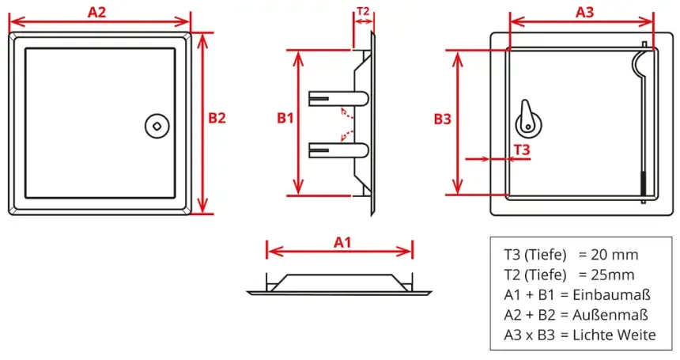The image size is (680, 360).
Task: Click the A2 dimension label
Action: [x=96, y=12]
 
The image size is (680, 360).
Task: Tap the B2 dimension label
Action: [x=217, y=118]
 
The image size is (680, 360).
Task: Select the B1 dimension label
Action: [x=285, y=118]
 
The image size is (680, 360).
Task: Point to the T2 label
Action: [x=363, y=11]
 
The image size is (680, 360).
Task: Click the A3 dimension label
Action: [x=584, y=12]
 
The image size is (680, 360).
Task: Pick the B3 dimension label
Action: [x=442, y=119]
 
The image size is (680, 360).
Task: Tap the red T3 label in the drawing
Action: [x=522, y=150]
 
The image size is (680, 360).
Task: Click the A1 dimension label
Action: [x=342, y=242]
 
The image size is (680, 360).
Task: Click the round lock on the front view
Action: [x=157, y=127]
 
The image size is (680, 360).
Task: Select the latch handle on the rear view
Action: [x=527, y=119]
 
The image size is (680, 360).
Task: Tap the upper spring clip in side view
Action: [x=338, y=98]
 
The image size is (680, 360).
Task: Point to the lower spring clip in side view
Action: [x=338, y=150]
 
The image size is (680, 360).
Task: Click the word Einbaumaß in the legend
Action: [x=611, y=295]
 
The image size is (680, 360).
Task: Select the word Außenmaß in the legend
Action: [x=610, y=315]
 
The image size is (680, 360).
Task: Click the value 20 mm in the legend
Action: [x=614, y=255]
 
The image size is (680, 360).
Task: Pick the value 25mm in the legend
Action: [x=612, y=275]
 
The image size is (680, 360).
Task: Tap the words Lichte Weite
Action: [x=614, y=335]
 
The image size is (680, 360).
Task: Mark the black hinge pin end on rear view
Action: [x=643, y=184]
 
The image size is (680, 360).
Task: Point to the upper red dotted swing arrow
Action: [x=346, y=113]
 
